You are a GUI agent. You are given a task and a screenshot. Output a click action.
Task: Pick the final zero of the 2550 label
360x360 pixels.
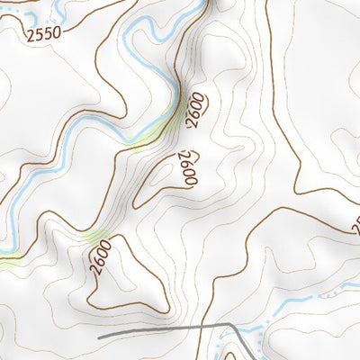tap(58, 38)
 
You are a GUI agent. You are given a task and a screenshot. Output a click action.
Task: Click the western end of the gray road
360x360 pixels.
tap(99, 336)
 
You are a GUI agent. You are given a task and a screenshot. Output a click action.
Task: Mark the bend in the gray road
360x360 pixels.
tap(231, 325)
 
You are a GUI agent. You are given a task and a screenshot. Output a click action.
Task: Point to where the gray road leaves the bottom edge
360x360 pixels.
tap(254, 358)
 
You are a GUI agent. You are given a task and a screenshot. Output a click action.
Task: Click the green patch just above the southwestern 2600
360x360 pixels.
tap(95, 235)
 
